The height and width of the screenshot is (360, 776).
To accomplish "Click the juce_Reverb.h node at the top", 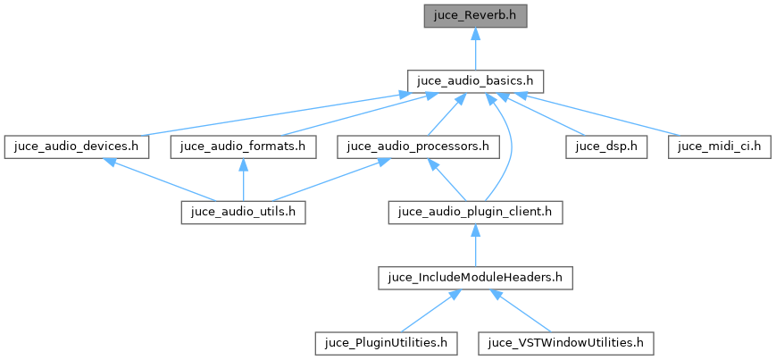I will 475,15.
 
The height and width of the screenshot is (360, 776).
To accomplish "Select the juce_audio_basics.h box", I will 475,80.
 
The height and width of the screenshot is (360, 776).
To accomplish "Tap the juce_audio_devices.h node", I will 75,147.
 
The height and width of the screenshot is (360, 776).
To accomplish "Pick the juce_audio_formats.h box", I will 243,147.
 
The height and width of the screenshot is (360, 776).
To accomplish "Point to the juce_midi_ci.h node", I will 719,147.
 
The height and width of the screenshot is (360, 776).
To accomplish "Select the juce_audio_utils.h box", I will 243,212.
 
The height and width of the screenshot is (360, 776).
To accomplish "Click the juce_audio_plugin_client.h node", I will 475,212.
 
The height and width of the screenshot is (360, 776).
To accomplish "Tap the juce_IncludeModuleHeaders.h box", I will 475,277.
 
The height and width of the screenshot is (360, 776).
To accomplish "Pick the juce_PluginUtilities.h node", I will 387,342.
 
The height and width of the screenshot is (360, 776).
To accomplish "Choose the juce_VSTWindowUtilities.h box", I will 566,342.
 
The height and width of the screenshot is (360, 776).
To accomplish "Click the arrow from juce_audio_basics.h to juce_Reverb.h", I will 475,48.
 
